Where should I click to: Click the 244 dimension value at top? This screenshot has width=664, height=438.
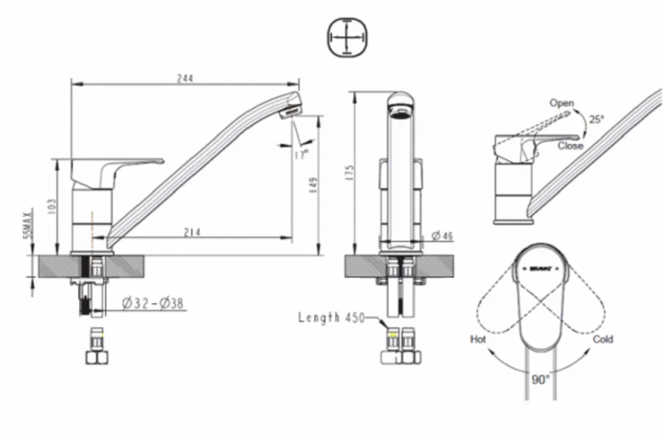click(x=185, y=78)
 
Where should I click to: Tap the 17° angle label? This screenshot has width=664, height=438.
click(x=301, y=155)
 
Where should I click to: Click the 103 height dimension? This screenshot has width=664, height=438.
click(x=50, y=204)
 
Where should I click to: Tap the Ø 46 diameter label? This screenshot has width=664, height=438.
click(x=442, y=235)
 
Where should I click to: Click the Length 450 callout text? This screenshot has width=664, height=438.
click(x=329, y=318)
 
